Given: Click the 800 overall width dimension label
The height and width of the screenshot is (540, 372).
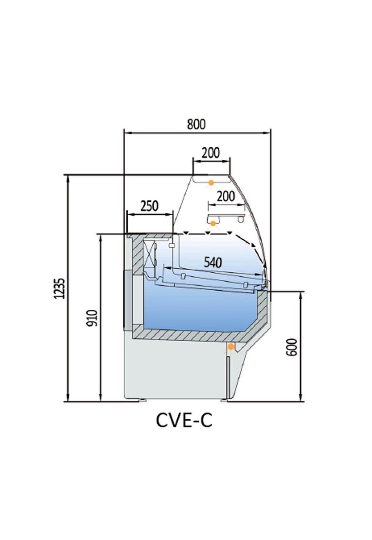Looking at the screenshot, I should click(196, 125).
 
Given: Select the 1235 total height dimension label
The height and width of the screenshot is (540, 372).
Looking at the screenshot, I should click(60, 288).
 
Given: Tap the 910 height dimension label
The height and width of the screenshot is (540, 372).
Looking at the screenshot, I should click(92, 318).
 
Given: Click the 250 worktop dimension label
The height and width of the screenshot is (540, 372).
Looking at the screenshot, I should click(149, 206).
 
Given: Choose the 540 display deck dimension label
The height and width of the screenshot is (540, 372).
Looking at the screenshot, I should click(213, 262).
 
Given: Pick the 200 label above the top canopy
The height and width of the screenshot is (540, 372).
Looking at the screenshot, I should click(211, 153).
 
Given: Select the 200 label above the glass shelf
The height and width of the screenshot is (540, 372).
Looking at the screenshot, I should click(225, 196).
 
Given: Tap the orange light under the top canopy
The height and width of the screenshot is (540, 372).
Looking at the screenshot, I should click(211, 183).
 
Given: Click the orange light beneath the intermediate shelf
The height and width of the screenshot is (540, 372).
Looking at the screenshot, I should click(213, 223).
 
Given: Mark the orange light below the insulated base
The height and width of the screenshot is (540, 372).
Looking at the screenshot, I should click(231, 347).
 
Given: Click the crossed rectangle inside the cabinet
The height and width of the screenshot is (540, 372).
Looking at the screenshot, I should click(150, 253).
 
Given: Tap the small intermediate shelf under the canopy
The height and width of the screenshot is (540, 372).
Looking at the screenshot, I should click(226, 216).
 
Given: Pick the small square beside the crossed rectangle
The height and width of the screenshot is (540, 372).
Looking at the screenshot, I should click(171, 245).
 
